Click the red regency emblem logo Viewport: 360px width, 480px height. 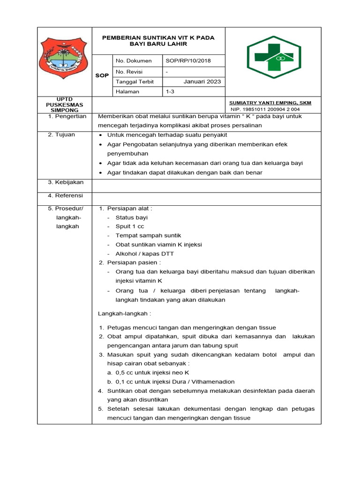tap(65, 56)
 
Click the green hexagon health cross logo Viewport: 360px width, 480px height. tap(274, 57)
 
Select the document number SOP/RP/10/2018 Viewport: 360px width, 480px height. tap(188, 60)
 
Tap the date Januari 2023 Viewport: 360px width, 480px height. tap(202, 82)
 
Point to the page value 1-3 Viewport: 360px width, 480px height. tap(170, 92)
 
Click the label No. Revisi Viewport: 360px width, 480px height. tap(129, 72)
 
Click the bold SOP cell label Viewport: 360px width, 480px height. tap(102, 75)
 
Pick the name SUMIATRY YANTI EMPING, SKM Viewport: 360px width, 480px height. tap(270, 103)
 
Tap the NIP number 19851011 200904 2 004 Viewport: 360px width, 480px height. tap(264, 109)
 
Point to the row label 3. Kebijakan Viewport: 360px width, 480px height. tap(66, 182)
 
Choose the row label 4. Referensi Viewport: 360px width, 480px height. tap(66, 195)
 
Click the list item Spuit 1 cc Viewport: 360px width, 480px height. tap(130, 226)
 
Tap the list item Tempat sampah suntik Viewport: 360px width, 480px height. tap(148, 235)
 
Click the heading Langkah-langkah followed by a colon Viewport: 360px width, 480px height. tap(125, 313)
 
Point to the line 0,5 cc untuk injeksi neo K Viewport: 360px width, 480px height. tap(148, 373)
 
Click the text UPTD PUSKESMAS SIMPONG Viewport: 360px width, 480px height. tap(65, 105)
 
